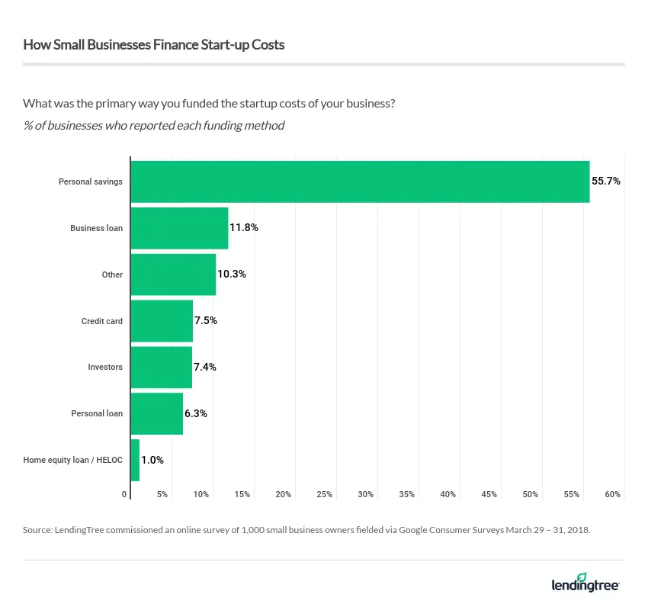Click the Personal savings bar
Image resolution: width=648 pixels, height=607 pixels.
tap(360, 181)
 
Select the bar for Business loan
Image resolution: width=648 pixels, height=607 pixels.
tap(180, 228)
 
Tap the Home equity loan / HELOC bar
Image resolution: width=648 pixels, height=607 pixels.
tap(135, 460)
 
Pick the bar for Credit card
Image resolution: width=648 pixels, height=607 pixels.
tap(162, 321)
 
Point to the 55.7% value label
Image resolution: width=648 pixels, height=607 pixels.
tap(606, 181)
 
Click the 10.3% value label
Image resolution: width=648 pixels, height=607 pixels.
tap(232, 275)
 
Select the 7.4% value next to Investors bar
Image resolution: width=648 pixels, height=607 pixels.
tap(205, 367)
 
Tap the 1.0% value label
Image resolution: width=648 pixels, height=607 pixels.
tap(152, 460)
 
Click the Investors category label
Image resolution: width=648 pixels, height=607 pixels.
tap(105, 367)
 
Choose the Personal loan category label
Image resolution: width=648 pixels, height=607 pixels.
tap(97, 413)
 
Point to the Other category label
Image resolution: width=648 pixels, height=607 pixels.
tap(112, 275)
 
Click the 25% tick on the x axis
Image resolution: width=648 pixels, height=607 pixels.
tap(324, 495)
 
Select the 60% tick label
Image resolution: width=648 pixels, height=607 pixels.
tap(612, 495)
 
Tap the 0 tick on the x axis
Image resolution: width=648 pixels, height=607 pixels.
tap(124, 495)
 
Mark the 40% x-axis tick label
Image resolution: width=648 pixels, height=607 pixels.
tap(448, 495)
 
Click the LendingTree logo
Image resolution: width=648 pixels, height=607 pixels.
tap(585, 583)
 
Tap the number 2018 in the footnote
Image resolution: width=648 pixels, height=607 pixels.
tap(578, 529)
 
